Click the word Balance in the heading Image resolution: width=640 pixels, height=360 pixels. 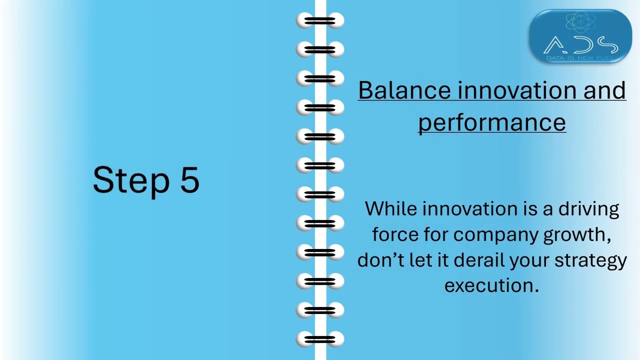tap(404, 90)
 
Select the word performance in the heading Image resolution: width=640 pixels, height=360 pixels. tap(491, 122)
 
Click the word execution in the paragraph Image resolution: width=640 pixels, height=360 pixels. tap(491, 285)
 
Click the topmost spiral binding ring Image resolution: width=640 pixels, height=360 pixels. tap(320, 21)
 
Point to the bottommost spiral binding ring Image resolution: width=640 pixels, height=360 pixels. tap(320, 339)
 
